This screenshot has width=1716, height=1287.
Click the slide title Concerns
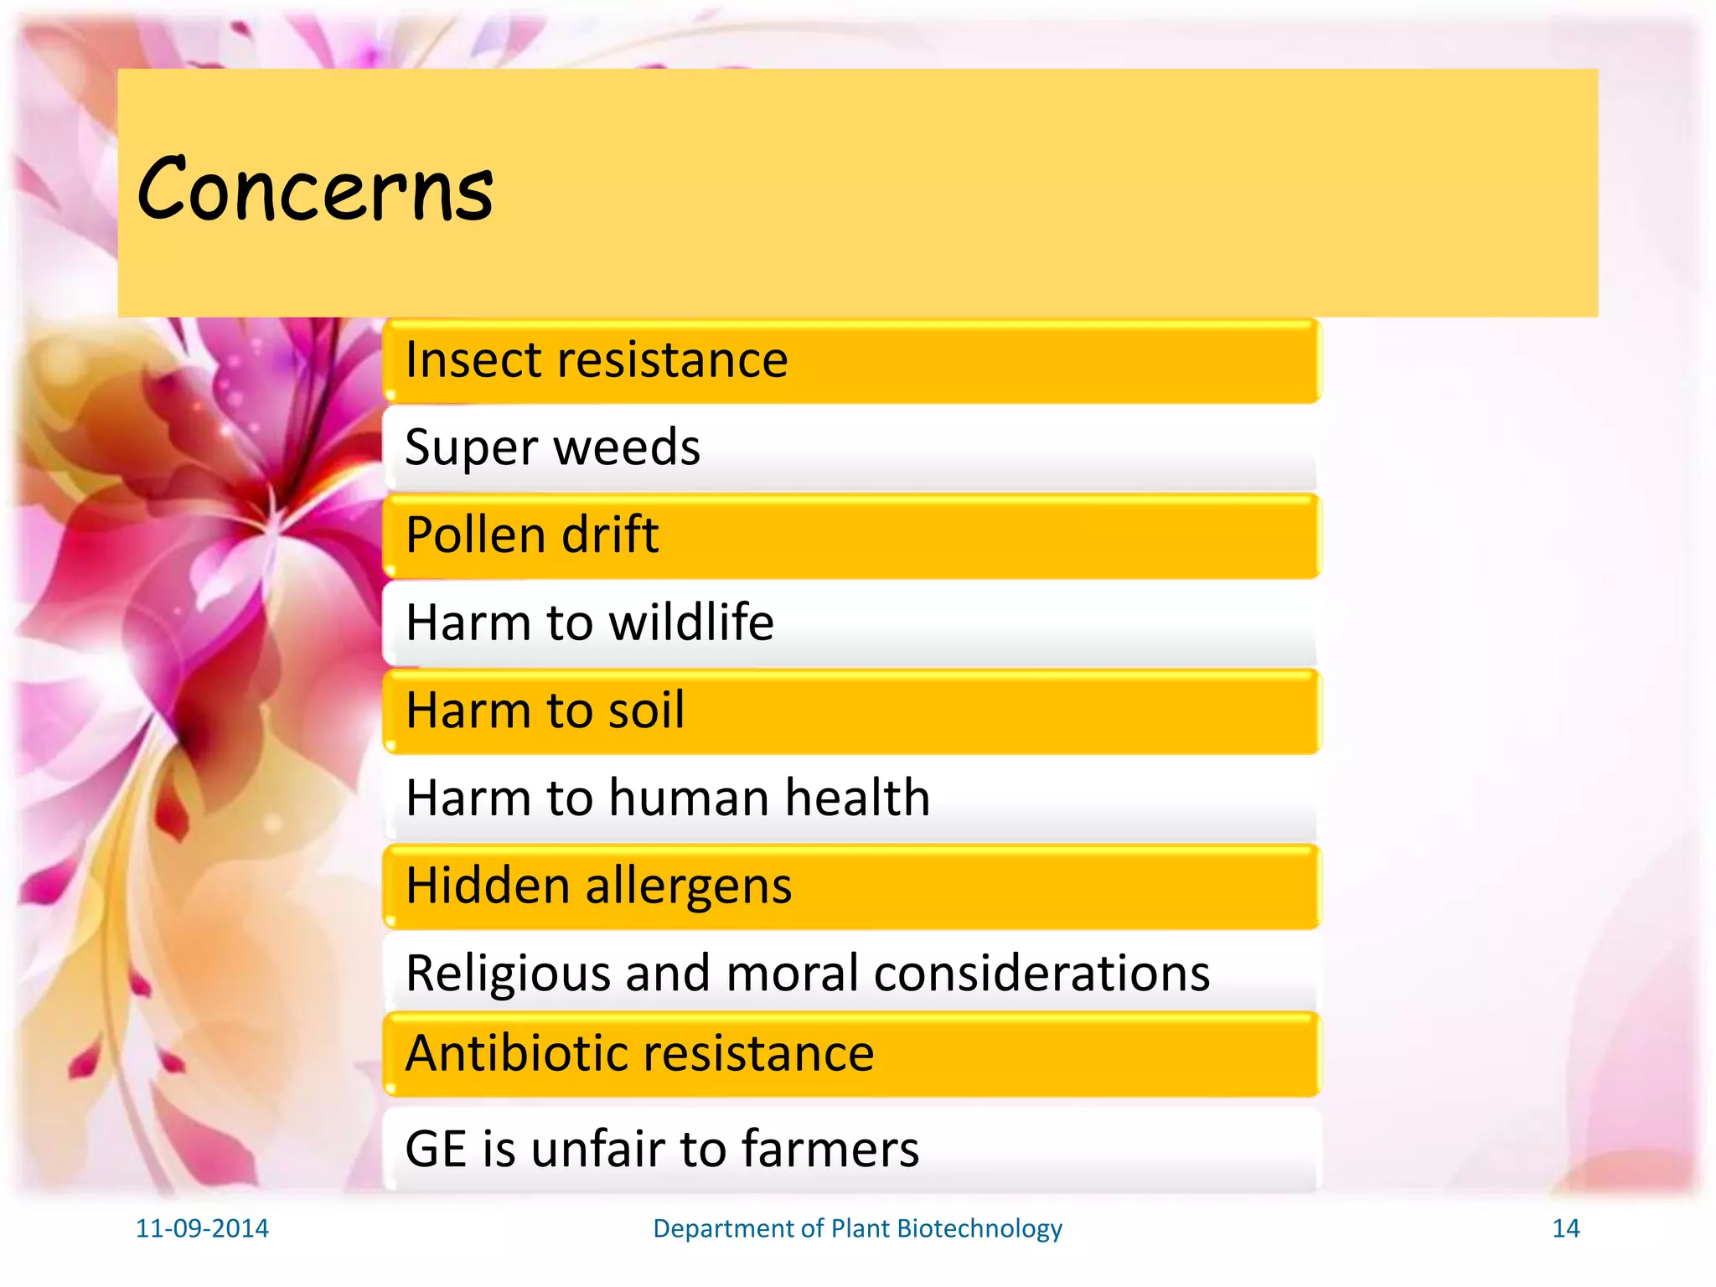click(x=315, y=191)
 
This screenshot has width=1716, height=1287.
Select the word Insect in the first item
click(x=470, y=360)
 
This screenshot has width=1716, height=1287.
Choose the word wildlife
click(x=691, y=623)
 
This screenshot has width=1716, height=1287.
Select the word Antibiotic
click(x=519, y=1053)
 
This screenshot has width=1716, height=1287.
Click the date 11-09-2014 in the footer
click(x=202, y=1228)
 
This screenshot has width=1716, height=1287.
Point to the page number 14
click(x=1565, y=1228)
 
